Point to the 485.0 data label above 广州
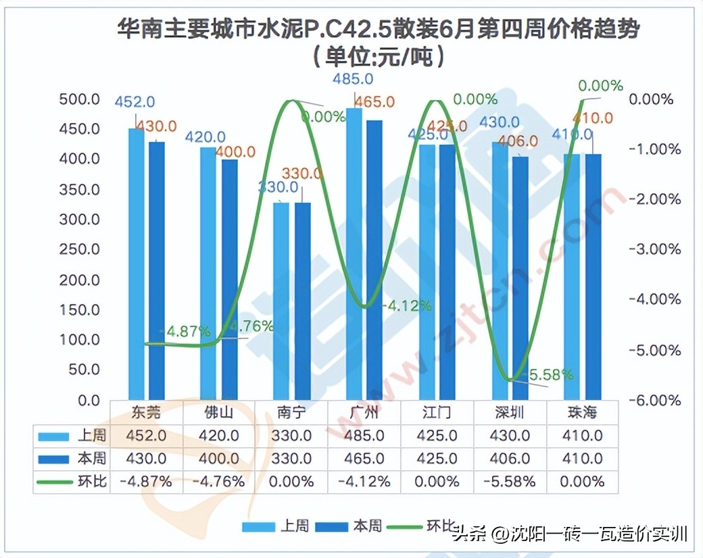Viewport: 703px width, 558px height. [x=352, y=79]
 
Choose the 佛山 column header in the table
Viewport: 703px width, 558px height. [x=219, y=412]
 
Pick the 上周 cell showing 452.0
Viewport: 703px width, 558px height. [x=147, y=436]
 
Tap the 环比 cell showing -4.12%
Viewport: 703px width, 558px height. [x=365, y=482]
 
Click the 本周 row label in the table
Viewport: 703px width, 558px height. [x=92, y=459]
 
